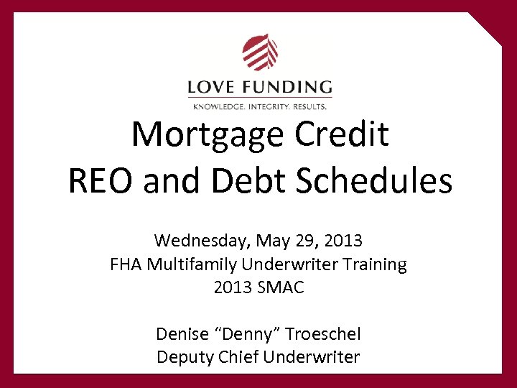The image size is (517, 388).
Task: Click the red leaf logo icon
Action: coord(260,52)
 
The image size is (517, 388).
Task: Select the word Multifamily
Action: coord(190,264)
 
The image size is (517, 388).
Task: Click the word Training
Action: coord(375,264)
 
